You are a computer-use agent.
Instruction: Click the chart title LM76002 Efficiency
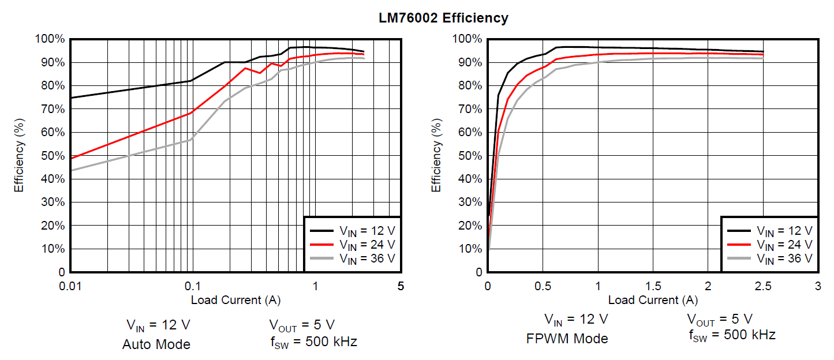pos(443,18)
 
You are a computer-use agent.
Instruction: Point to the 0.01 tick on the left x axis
pos(70,286)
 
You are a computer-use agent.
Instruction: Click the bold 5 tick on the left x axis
pos(401,286)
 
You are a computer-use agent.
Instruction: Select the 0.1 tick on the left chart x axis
pos(192,286)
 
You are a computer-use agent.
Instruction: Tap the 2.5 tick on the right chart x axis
pos(762,286)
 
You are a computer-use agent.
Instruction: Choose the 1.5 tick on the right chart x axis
pos(653,286)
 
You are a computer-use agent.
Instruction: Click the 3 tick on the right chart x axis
pos(817,286)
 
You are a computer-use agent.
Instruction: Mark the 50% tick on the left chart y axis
pos(51,156)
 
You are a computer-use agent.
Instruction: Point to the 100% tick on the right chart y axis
pos(467,39)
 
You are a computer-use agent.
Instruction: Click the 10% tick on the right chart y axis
pos(469,249)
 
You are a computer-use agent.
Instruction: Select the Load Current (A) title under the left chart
pos(235,300)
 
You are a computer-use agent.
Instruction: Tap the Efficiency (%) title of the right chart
pos(436,155)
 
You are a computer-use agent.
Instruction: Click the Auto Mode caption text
pos(156,345)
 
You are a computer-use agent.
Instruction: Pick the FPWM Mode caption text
pos(567,339)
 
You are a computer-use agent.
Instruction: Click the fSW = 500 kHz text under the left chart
pos(313,342)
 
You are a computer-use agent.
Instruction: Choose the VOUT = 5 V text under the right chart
pos(719,319)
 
